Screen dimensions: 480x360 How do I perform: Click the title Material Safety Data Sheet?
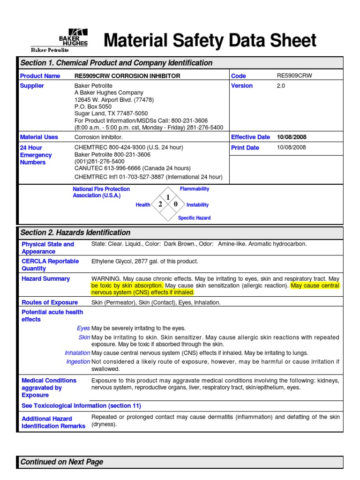coord(210,41)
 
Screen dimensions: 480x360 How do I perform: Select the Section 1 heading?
coord(116,63)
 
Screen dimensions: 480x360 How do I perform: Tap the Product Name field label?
coord(40,76)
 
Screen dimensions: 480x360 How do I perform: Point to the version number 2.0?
coord(281,86)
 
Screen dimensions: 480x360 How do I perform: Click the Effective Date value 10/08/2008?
coord(291,137)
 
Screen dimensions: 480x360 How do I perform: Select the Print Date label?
coord(245,148)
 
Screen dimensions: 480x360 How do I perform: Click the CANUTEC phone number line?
coord(133,168)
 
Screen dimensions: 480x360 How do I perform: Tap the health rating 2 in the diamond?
coord(160,204)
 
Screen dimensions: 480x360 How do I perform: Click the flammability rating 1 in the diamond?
coord(168,197)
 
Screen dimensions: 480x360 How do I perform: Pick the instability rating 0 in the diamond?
coord(176,204)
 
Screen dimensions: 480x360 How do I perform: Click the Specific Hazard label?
coord(194,218)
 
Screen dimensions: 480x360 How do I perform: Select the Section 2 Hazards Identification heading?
coord(75,232)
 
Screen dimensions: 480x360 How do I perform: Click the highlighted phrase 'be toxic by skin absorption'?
coord(127,285)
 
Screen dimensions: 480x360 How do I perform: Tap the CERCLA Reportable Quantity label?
coord(50,265)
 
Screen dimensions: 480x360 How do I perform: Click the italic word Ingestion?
coord(78,361)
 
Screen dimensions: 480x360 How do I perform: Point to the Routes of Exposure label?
coord(50,302)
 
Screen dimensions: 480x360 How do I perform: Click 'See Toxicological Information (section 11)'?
coord(81,405)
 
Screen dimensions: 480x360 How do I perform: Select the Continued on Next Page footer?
coord(62,462)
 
